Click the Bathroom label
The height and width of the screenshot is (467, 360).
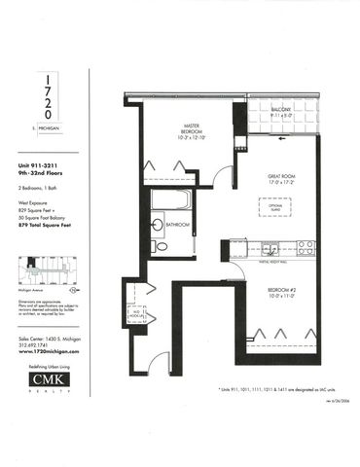pyautogui.click(x=177, y=225)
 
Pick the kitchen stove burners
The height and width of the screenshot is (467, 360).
pyautogui.click(x=304, y=246)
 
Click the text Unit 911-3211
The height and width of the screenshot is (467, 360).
pyautogui.click(x=40, y=166)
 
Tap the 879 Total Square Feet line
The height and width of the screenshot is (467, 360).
pyautogui.click(x=48, y=225)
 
